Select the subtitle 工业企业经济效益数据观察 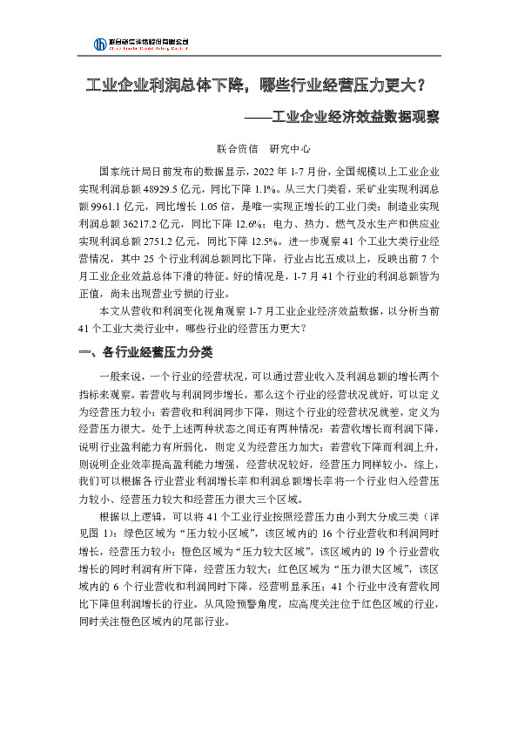click(x=355, y=117)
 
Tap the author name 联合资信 click(x=233, y=149)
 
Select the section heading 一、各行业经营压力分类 click(x=140, y=352)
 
